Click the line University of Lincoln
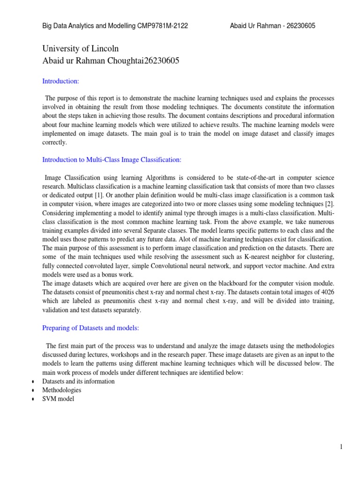tap(81, 49)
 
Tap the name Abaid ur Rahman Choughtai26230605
tap(111, 61)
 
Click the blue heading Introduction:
tap(61, 81)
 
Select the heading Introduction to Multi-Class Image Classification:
tap(112, 160)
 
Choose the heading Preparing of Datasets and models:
tap(90, 329)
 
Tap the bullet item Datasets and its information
tap(78, 381)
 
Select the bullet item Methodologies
tap(62, 390)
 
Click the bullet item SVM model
tap(58, 399)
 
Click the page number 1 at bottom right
tap(342, 447)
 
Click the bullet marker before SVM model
tap(32, 399)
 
